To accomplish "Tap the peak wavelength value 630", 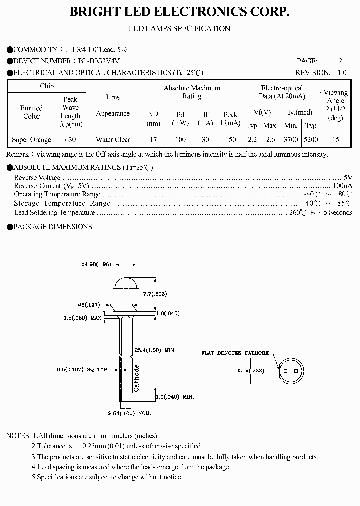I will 70,140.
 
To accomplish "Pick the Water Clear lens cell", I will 113,140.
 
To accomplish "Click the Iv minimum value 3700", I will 290,140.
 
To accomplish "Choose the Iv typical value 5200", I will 311,140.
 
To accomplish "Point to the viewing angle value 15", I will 335,140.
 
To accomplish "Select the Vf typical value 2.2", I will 253,140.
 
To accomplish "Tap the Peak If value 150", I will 230,140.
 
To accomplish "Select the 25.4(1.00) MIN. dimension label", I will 156,350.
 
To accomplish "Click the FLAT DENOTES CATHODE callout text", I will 235,353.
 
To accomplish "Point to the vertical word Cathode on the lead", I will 136,378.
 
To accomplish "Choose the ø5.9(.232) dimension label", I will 251,371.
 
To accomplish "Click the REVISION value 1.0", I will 341,72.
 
